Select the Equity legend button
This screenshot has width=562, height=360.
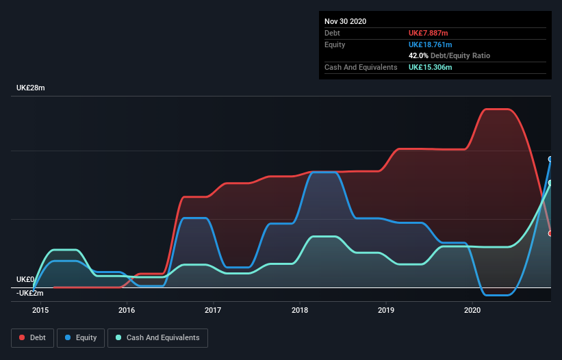pos(81,337)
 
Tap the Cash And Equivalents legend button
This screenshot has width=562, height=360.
pos(157,337)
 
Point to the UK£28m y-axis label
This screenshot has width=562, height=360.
pos(31,88)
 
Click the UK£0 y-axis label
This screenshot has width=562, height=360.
pos(25,279)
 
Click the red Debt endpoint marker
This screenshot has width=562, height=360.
pos(550,233)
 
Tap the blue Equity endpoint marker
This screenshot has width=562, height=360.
pos(550,159)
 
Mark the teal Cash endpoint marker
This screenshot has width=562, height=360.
pos(550,183)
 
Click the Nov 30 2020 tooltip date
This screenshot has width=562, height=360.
pos(345,21)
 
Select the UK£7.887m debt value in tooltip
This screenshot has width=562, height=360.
pos(429,33)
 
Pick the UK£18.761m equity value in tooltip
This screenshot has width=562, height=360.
pos(431,44)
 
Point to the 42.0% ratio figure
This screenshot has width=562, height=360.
pos(418,55)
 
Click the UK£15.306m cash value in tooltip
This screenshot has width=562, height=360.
pos(431,67)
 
